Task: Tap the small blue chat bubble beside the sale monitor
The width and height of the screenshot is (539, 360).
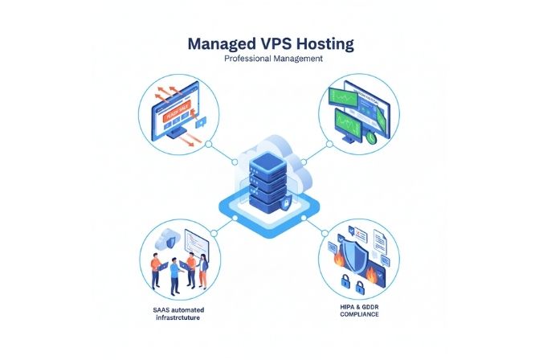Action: (198, 122)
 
